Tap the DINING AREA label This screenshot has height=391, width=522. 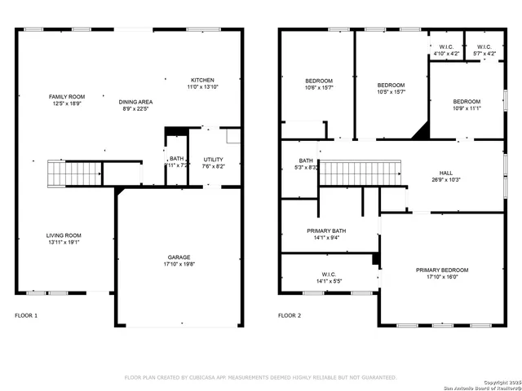(137, 102)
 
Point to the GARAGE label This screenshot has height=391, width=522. (180, 257)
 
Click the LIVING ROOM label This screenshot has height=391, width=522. (64, 235)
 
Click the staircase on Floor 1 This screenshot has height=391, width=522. (74, 173)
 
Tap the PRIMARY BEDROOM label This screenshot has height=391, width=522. (442, 270)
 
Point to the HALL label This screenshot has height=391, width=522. (446, 173)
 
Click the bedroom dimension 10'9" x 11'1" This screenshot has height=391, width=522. (467, 108)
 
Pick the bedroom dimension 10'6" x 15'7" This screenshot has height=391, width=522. (319, 88)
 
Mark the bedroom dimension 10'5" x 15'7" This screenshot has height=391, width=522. (391, 93)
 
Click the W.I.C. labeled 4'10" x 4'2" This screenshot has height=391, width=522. (446, 54)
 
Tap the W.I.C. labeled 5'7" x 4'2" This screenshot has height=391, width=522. (484, 54)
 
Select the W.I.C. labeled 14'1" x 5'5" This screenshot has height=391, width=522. (329, 280)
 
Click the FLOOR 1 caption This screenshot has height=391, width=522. (26, 315)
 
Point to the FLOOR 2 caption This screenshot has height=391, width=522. (290, 315)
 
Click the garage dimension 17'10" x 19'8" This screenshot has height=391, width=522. (180, 264)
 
